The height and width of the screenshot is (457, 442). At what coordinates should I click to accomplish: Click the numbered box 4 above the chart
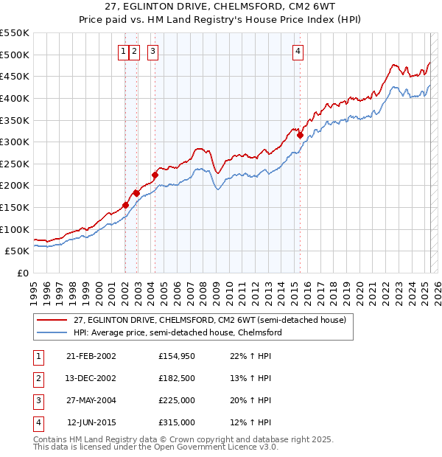click(x=298, y=51)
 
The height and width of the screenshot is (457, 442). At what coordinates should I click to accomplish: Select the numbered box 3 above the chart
click(x=152, y=51)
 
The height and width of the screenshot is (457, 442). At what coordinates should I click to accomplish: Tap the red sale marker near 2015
click(x=300, y=135)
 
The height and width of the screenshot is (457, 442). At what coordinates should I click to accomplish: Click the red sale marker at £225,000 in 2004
click(x=155, y=175)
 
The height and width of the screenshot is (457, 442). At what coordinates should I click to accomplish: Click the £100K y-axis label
click(x=15, y=229)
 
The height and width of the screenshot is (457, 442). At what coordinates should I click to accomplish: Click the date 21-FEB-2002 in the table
click(x=91, y=356)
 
